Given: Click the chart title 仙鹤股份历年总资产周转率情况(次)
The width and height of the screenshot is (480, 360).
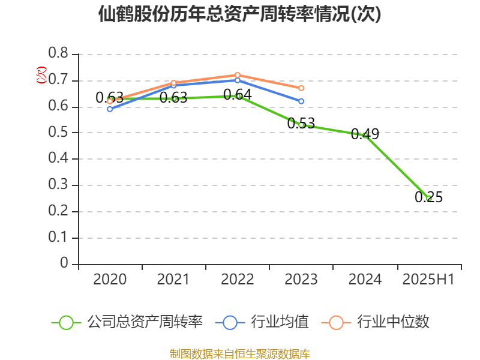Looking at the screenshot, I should click(239, 14).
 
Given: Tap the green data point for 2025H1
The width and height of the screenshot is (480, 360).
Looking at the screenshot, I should click(429, 198).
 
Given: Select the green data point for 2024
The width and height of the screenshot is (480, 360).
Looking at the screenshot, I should click(365, 135).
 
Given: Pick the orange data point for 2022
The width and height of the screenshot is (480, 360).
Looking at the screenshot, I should click(238, 75).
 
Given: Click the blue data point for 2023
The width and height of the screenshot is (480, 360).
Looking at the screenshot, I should click(301, 101).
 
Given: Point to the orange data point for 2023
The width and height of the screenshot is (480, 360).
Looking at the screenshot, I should click(301, 88).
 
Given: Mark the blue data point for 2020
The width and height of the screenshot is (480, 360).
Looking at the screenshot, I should click(110, 109).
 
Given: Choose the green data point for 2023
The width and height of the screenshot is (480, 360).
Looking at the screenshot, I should click(301, 125).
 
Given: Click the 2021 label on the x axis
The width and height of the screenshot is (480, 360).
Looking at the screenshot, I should click(173, 280).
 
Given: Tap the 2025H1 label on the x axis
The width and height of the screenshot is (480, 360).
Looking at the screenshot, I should click(428, 280).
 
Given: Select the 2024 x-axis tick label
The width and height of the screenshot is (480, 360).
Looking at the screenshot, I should click(365, 280).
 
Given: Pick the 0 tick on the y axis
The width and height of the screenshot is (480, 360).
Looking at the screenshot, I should click(65, 264).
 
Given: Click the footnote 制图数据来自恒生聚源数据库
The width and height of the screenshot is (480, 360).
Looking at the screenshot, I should click(239, 353).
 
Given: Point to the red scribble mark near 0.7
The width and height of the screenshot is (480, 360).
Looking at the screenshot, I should click(41, 75).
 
